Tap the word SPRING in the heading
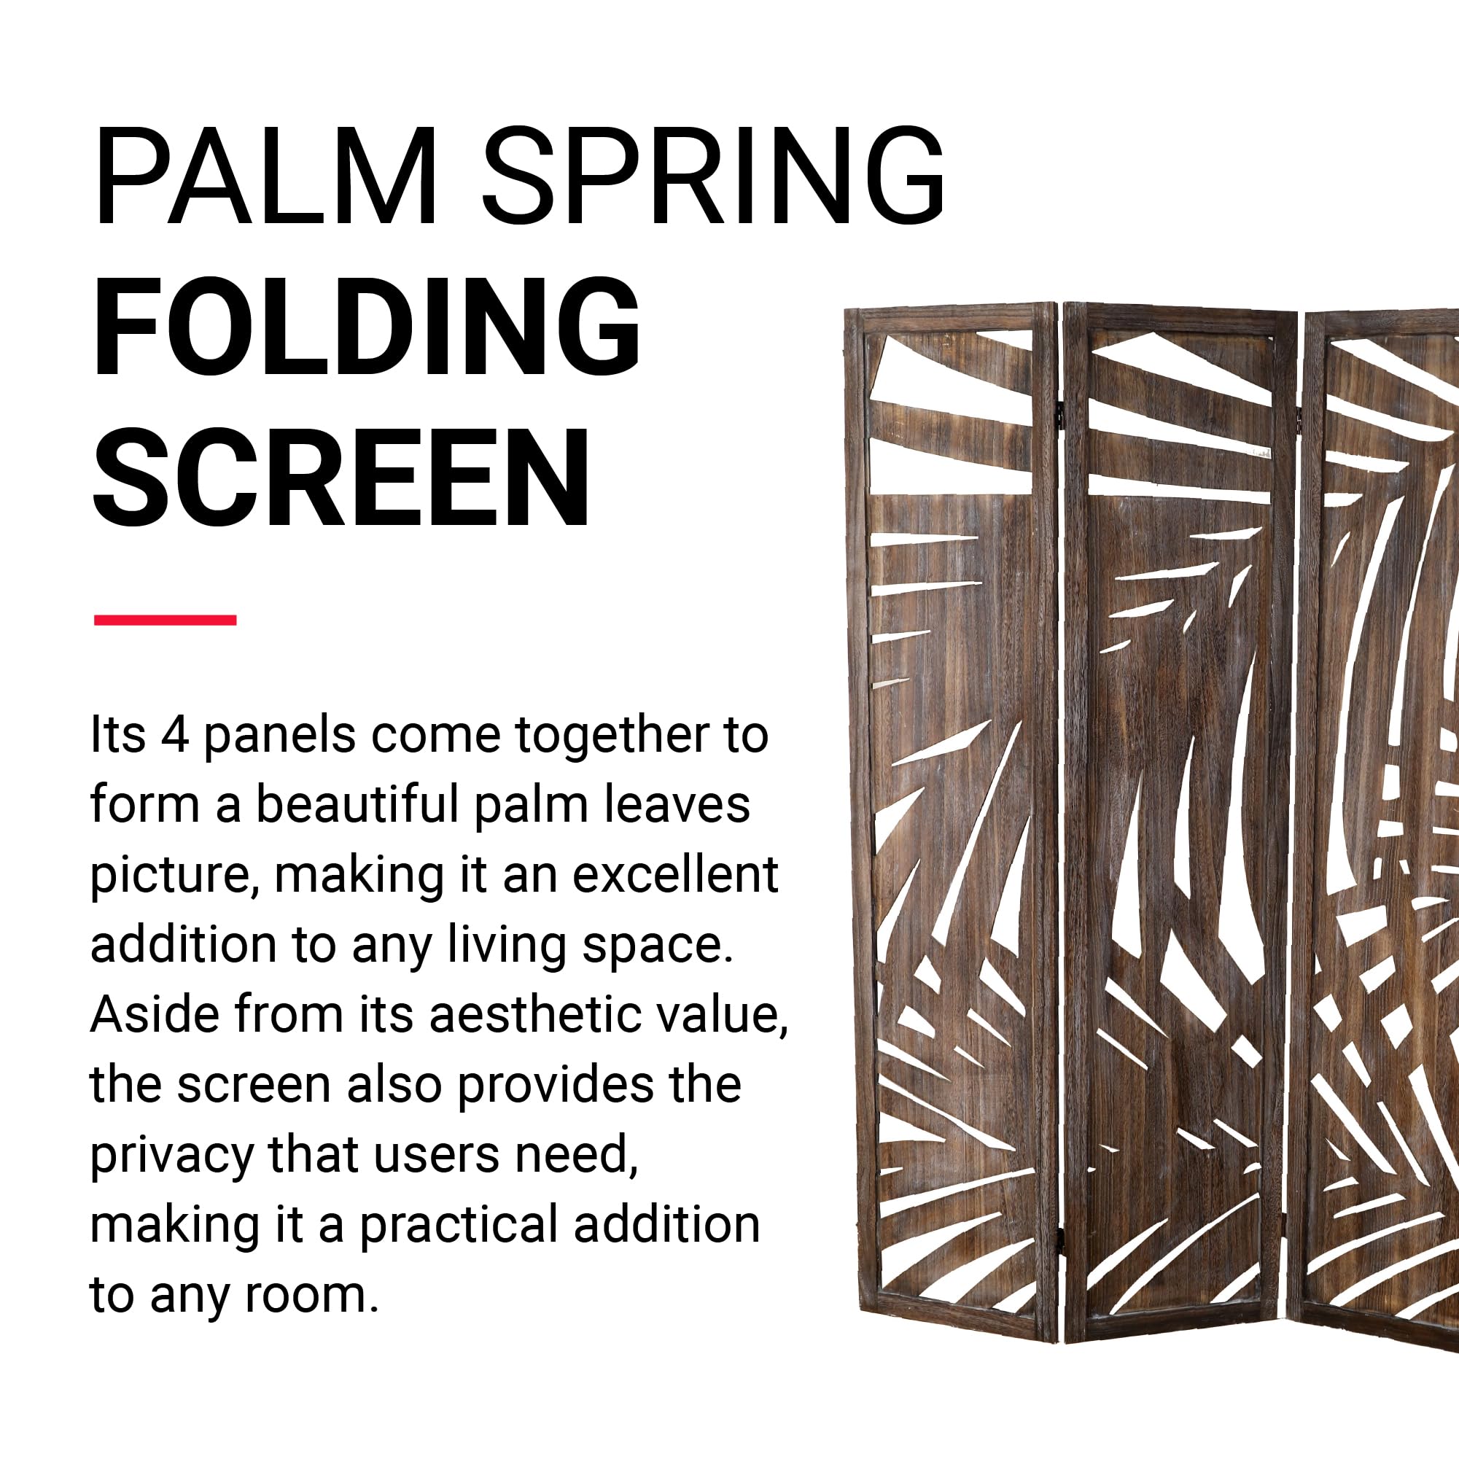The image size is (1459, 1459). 713,175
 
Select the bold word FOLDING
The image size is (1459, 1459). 365,326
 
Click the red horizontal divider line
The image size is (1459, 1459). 166,620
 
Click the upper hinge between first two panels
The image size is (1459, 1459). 1059,413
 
